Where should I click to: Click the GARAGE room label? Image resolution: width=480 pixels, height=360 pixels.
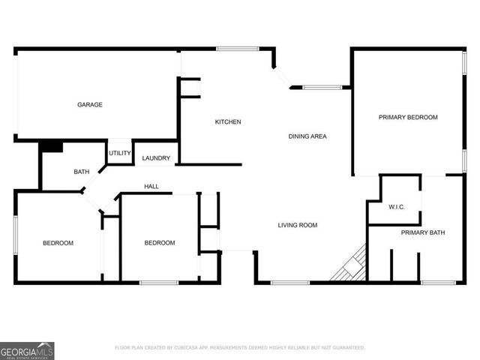point(90,104)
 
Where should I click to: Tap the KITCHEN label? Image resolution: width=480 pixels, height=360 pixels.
point(228,121)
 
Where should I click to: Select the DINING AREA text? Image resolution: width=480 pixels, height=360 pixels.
point(307,136)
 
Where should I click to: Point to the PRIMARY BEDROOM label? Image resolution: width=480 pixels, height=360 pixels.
point(407,117)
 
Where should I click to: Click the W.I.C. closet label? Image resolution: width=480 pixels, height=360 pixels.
point(396,206)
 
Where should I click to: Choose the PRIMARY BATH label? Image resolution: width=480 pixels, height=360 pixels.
point(423,232)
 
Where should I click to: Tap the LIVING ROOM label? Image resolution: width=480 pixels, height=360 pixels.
point(298,225)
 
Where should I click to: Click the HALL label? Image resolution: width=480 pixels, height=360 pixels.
point(151,186)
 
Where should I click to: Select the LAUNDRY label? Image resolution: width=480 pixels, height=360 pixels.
point(156,158)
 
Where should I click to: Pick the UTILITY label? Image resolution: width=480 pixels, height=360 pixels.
point(120,153)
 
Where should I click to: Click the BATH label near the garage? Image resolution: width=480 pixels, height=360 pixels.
point(82,172)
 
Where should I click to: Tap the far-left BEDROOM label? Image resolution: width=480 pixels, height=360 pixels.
point(58,243)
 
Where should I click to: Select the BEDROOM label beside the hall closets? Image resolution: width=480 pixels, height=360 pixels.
point(159,242)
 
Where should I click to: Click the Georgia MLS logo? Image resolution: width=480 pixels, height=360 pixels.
point(27,350)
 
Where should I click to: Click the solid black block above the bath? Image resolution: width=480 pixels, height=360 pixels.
point(51,146)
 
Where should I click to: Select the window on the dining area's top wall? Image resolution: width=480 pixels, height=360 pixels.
point(322,88)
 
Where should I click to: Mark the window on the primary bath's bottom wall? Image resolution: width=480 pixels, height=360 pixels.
point(438,282)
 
